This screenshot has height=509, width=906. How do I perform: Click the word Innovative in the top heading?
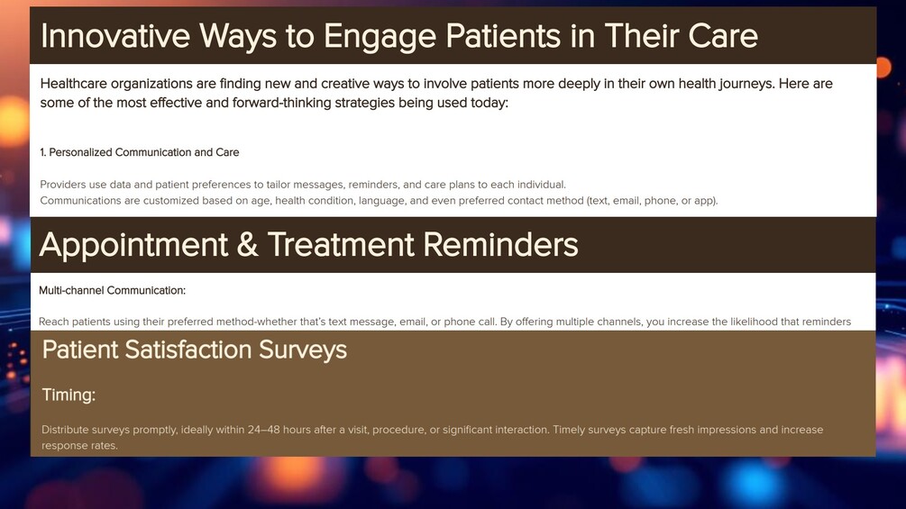coord(115,36)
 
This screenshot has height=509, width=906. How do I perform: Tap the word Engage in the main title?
coord(380,37)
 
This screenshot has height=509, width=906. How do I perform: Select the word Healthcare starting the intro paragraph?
coord(73,84)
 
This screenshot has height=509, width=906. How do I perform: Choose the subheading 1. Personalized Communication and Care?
coord(139,152)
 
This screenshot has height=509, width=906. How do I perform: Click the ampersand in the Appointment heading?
coord(247,245)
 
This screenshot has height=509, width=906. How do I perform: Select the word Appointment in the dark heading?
coord(133,245)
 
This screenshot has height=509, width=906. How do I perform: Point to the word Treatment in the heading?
coord(341,245)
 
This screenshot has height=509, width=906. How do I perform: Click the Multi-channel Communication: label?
coord(112,290)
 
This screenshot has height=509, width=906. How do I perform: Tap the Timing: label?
coord(69,395)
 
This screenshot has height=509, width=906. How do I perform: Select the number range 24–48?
coord(263,430)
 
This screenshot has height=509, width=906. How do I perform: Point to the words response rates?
coord(79,446)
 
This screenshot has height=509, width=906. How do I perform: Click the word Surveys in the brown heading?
coord(303,350)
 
